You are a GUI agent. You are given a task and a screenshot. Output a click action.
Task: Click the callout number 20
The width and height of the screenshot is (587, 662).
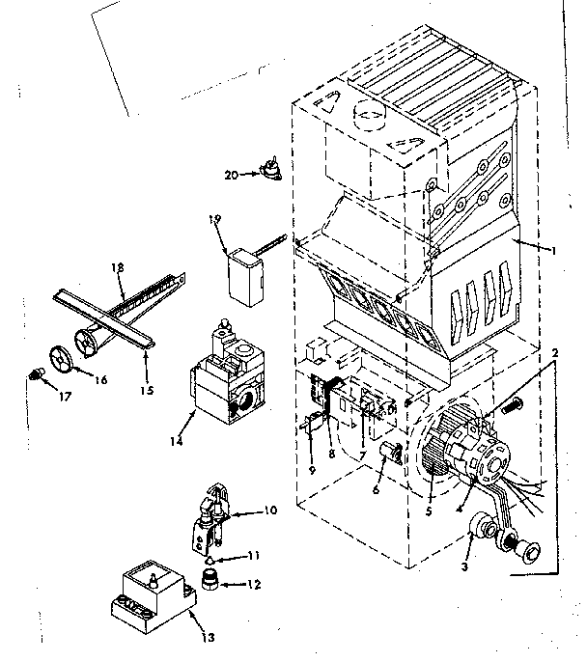(x=229, y=175)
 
